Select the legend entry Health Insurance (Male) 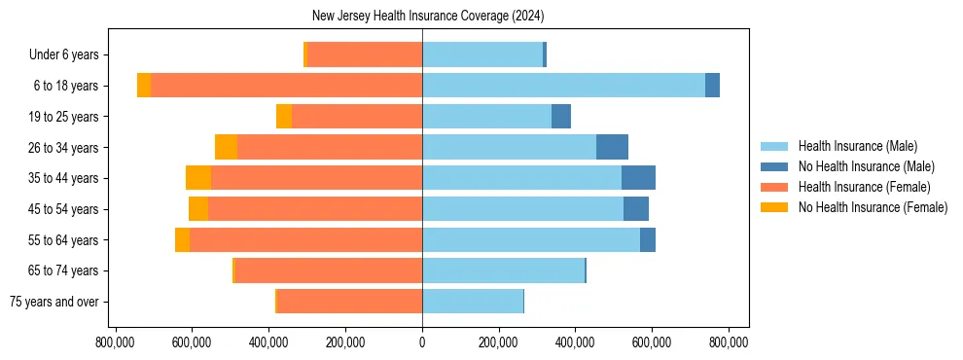click(857, 146)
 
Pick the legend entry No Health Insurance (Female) click(872, 207)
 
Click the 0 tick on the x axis click(422, 342)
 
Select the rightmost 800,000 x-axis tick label click(729, 342)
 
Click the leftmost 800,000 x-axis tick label click(116, 342)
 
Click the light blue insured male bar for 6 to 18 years click(563, 86)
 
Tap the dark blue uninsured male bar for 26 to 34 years click(612, 147)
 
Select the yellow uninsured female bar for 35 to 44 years click(198, 178)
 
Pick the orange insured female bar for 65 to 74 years click(328, 270)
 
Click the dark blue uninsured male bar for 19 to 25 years click(561, 117)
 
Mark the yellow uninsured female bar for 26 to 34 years click(226, 147)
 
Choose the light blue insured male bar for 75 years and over click(473, 302)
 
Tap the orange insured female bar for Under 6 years click(364, 54)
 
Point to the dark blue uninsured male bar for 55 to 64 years click(648, 239)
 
